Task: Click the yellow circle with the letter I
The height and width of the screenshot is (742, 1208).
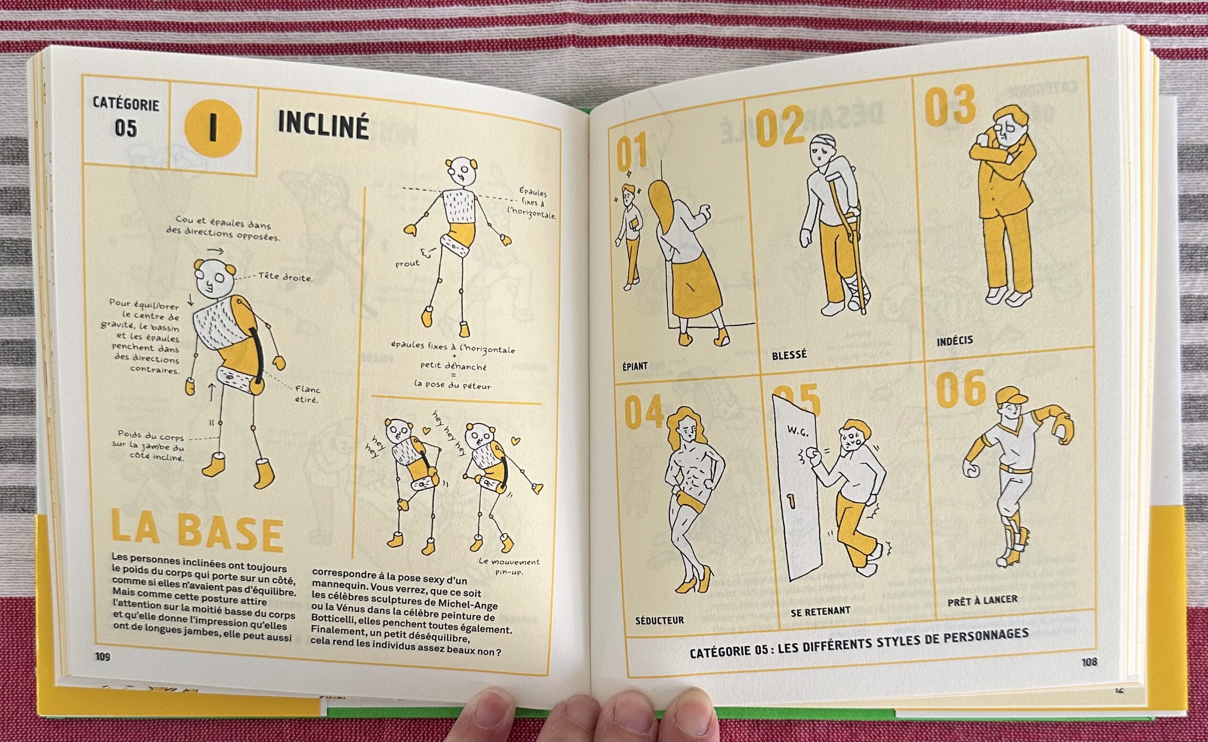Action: [213, 127]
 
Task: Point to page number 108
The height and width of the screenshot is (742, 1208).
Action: [1089, 662]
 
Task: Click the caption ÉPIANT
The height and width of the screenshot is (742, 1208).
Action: [635, 366]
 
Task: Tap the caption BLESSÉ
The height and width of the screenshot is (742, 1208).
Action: [789, 355]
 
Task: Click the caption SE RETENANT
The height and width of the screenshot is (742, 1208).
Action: [820, 611]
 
